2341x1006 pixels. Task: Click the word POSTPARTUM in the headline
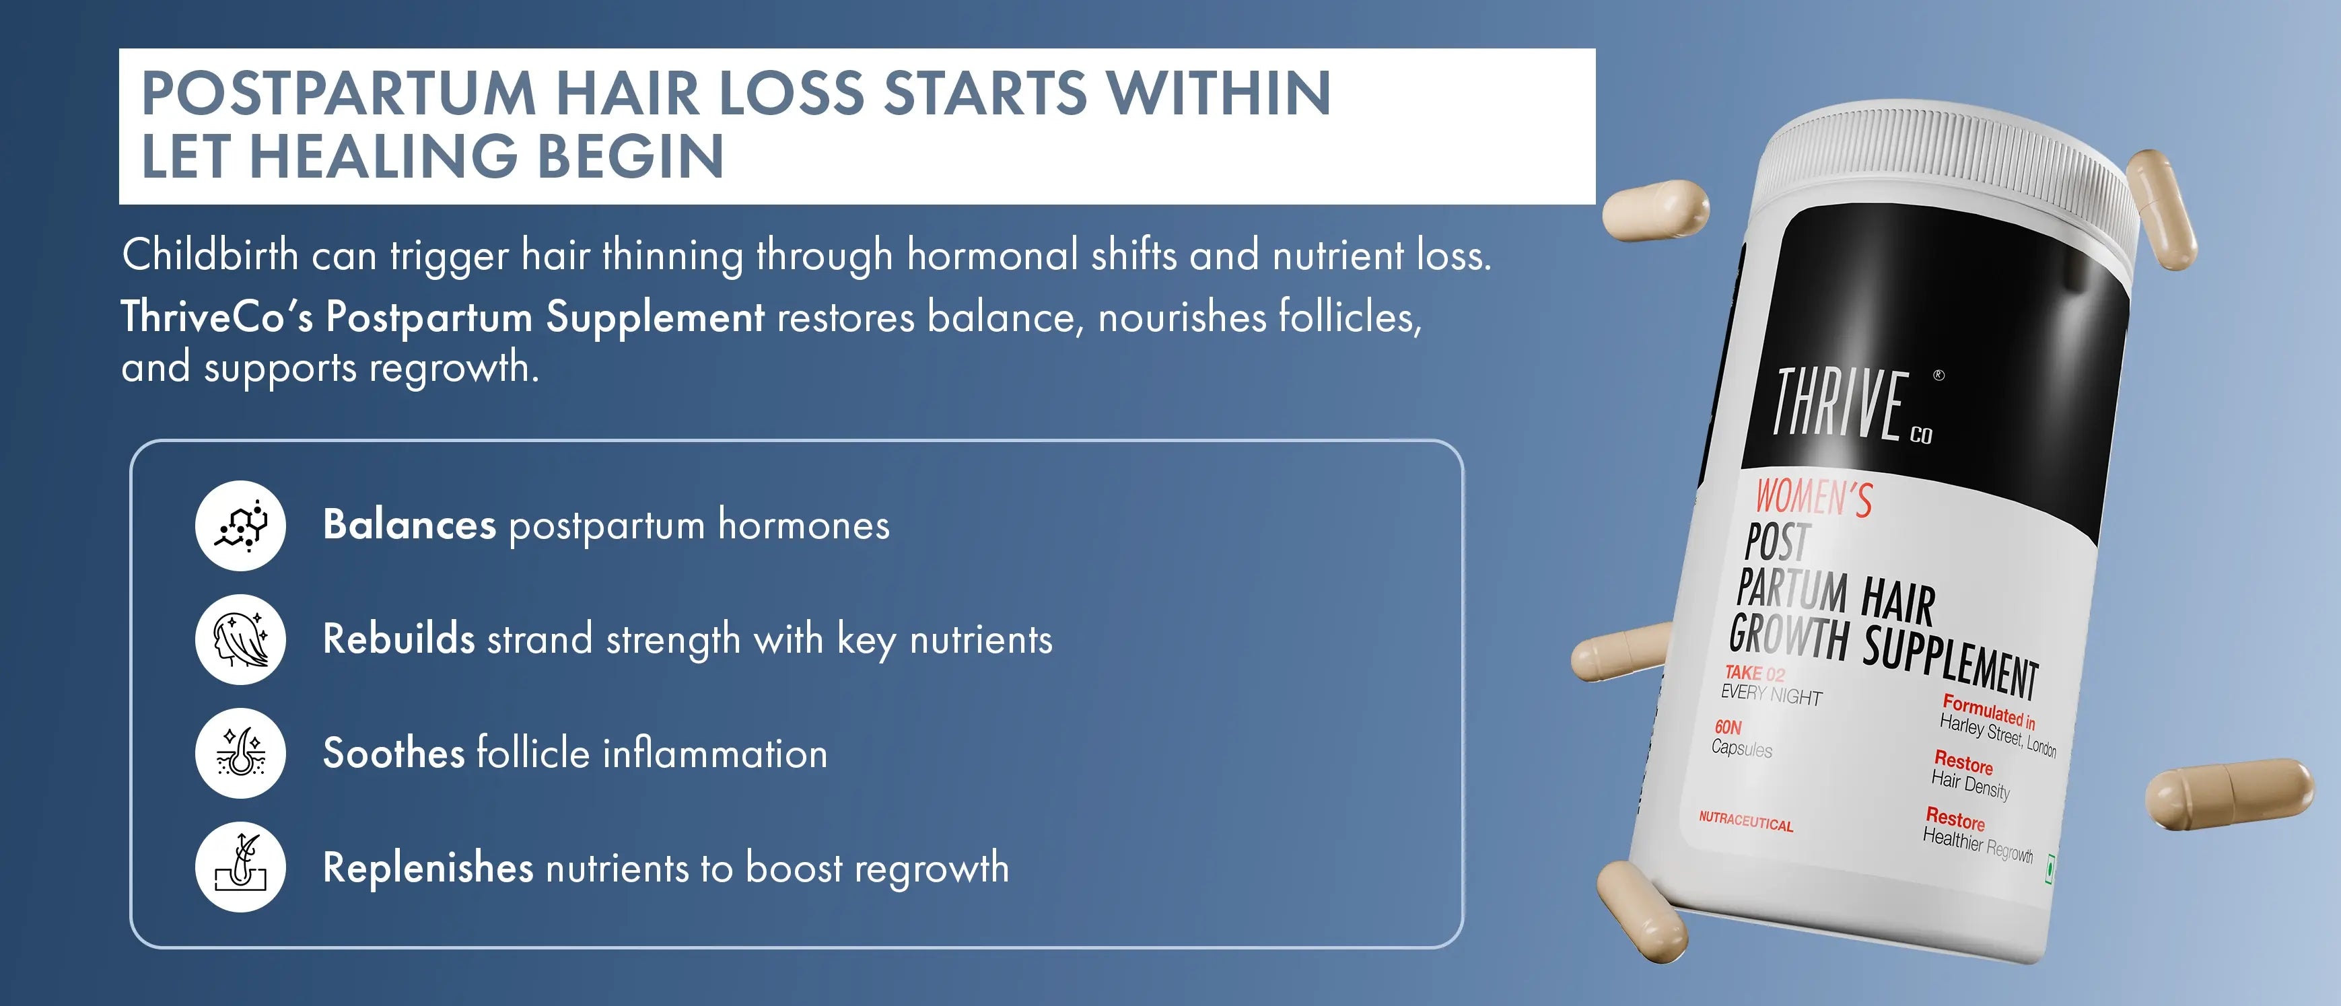pyautogui.click(x=339, y=94)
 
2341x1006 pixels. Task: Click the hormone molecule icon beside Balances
pyautogui.click(x=241, y=526)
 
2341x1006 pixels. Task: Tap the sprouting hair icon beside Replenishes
pyautogui.click(x=241, y=867)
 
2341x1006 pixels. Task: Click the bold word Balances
pyautogui.click(x=410, y=526)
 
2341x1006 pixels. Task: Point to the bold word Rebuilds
pyautogui.click(x=399, y=639)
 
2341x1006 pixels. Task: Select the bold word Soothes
pyautogui.click(x=394, y=754)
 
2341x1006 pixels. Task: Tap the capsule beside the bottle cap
pyautogui.click(x=2162, y=210)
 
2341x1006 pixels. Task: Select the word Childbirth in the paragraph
pyautogui.click(x=210, y=254)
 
